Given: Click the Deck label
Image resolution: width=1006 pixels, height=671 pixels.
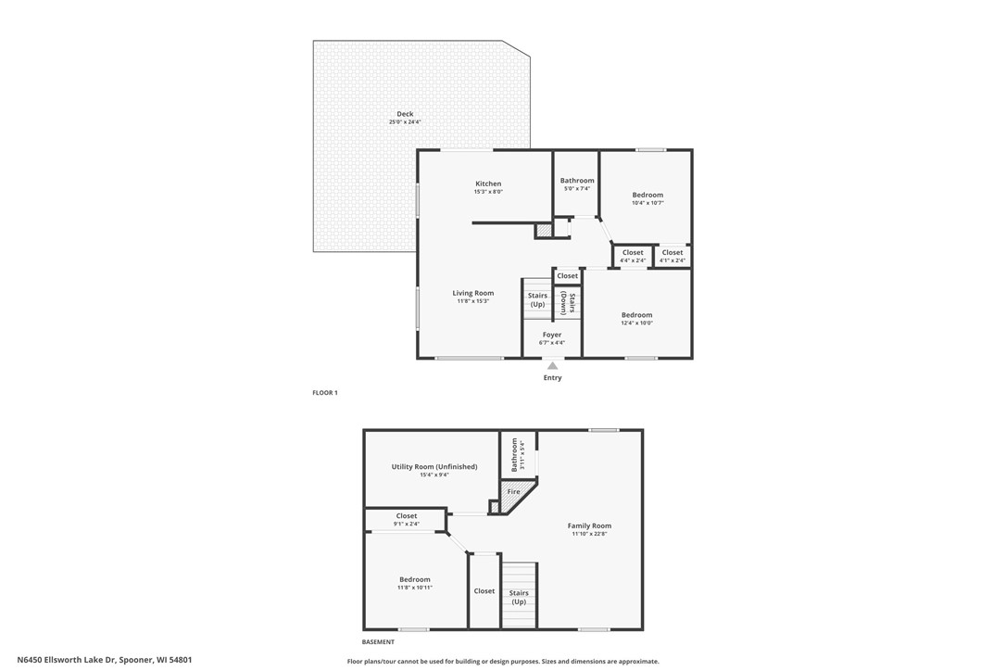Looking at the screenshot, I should [x=405, y=114].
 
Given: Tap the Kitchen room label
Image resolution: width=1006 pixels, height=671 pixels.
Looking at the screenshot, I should [x=488, y=184].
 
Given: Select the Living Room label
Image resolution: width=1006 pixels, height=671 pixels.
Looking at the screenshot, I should [x=472, y=293].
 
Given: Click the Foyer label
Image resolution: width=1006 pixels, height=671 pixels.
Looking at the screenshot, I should [x=552, y=335].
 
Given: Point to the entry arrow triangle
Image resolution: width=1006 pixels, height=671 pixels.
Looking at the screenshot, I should [x=552, y=366].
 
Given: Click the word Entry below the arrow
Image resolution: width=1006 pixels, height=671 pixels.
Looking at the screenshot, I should [x=552, y=377].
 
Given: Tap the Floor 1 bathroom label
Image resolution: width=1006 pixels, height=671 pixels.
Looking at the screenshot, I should [x=577, y=181].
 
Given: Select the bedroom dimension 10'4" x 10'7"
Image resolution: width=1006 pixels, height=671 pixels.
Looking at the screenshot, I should [x=648, y=202].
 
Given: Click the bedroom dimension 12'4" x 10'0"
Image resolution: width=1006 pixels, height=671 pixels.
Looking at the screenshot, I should [x=636, y=323].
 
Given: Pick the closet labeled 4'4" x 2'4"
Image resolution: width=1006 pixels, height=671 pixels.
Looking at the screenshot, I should [x=633, y=260].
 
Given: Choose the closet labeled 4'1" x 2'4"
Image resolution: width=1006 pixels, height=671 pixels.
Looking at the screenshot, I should [x=673, y=260].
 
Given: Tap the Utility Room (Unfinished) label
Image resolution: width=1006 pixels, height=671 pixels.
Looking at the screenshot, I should [x=434, y=466].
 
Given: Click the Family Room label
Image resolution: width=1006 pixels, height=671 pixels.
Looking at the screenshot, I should [x=589, y=525].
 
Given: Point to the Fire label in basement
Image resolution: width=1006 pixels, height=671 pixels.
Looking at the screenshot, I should [x=513, y=490].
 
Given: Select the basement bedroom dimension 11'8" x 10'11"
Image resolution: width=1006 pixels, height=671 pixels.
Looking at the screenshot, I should [x=415, y=588].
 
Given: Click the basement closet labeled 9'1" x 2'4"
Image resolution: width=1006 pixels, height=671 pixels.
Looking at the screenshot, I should [x=407, y=524].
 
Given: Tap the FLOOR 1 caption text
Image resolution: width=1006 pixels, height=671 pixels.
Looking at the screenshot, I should [x=325, y=393].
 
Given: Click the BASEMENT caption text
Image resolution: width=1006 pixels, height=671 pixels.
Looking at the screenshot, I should [x=378, y=641].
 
